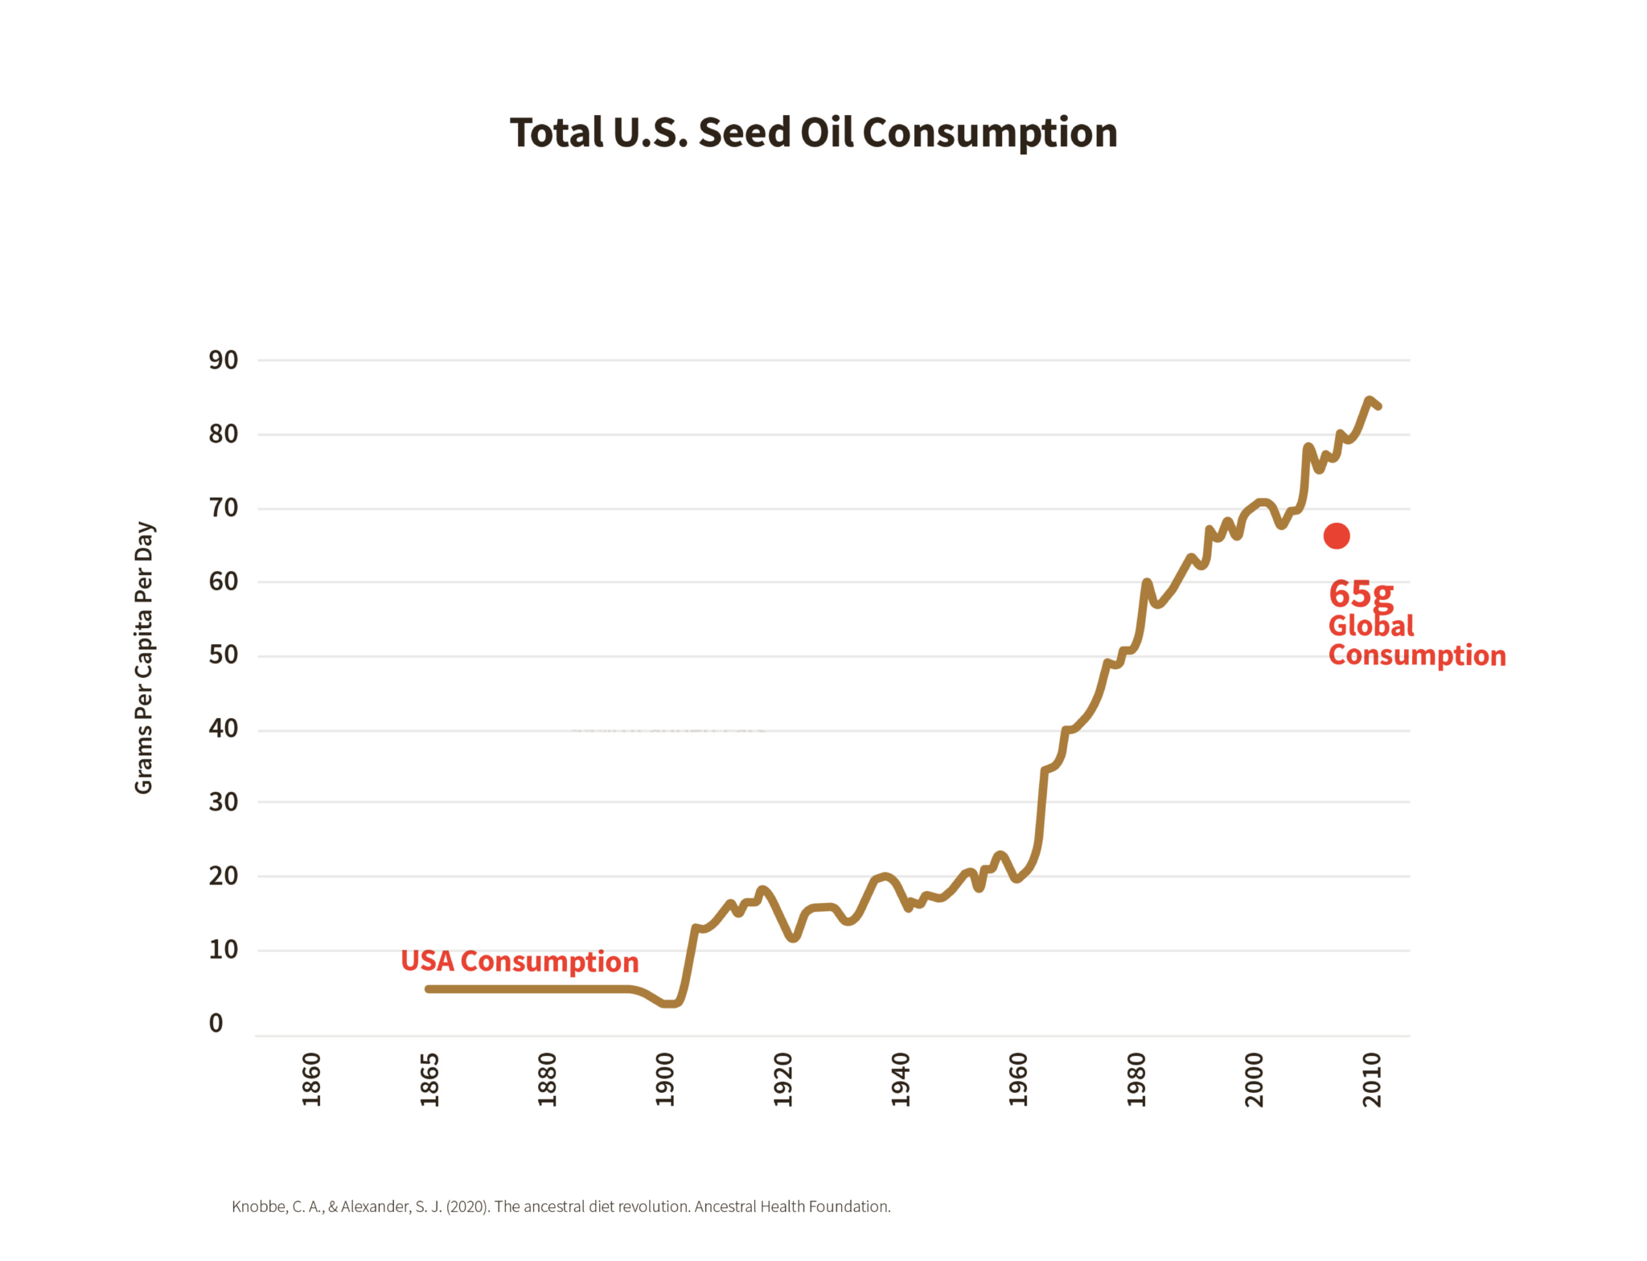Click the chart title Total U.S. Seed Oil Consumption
813,133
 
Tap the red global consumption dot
1336,536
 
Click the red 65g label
1360,594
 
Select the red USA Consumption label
520,961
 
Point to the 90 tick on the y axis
224,359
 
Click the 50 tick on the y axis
224,655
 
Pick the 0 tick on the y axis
216,1023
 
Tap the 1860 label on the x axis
311,1079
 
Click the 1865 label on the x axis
429,1079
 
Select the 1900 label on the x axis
664,1079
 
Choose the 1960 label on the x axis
1018,1079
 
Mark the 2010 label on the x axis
1372,1079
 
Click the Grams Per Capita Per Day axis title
144,658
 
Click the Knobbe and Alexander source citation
561,1206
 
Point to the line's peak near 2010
1369,400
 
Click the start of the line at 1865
429,988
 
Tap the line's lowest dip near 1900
669,1003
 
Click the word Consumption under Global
1416,655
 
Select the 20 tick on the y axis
224,876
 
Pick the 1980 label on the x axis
1136,1079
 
